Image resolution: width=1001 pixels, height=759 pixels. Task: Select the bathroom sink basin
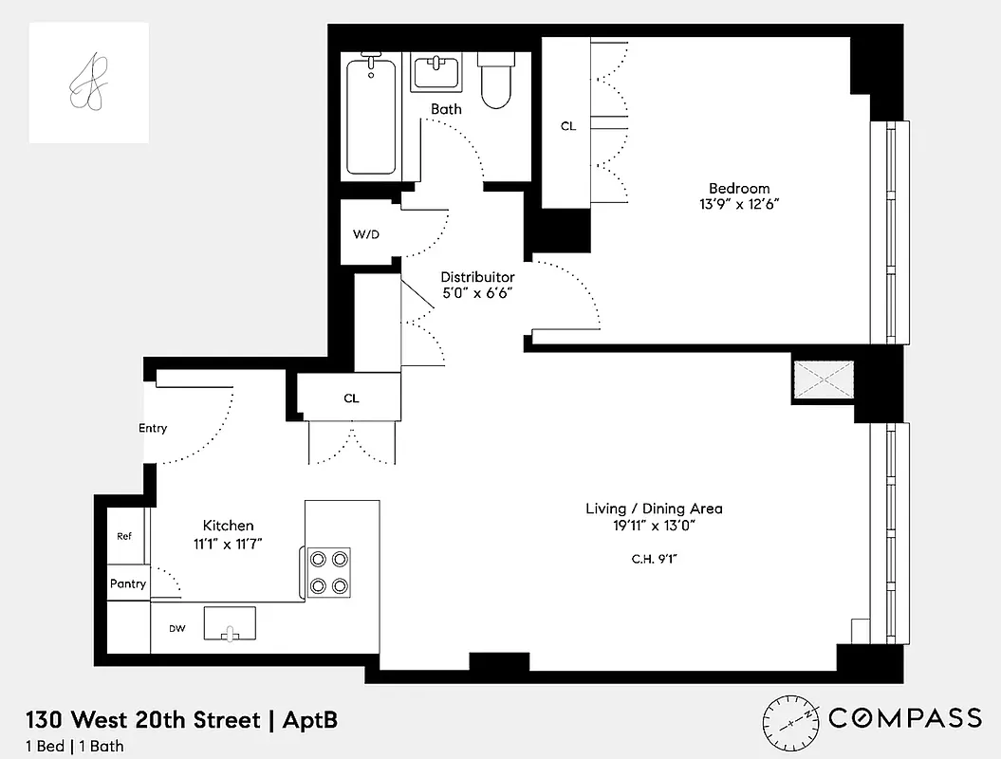[436, 72]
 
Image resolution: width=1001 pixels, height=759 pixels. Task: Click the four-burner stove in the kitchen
[328, 572]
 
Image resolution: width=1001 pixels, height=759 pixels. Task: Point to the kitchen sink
[230, 623]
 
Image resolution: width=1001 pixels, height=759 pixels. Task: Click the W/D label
[366, 233]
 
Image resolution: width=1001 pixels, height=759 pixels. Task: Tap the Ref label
[124, 536]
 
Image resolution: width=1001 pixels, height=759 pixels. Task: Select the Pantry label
[128, 583]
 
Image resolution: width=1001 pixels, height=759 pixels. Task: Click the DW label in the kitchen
[176, 628]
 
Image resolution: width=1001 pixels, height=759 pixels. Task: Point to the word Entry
[153, 428]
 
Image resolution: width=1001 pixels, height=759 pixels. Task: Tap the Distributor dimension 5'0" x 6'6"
[478, 293]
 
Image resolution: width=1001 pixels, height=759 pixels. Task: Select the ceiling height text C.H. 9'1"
[654, 558]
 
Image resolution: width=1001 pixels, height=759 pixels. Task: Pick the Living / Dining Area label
[654, 509]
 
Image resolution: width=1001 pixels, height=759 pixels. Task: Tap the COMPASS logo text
[904, 718]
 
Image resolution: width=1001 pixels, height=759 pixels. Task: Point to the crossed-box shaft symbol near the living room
[825, 380]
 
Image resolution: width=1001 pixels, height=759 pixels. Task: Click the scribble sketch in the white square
[88, 83]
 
